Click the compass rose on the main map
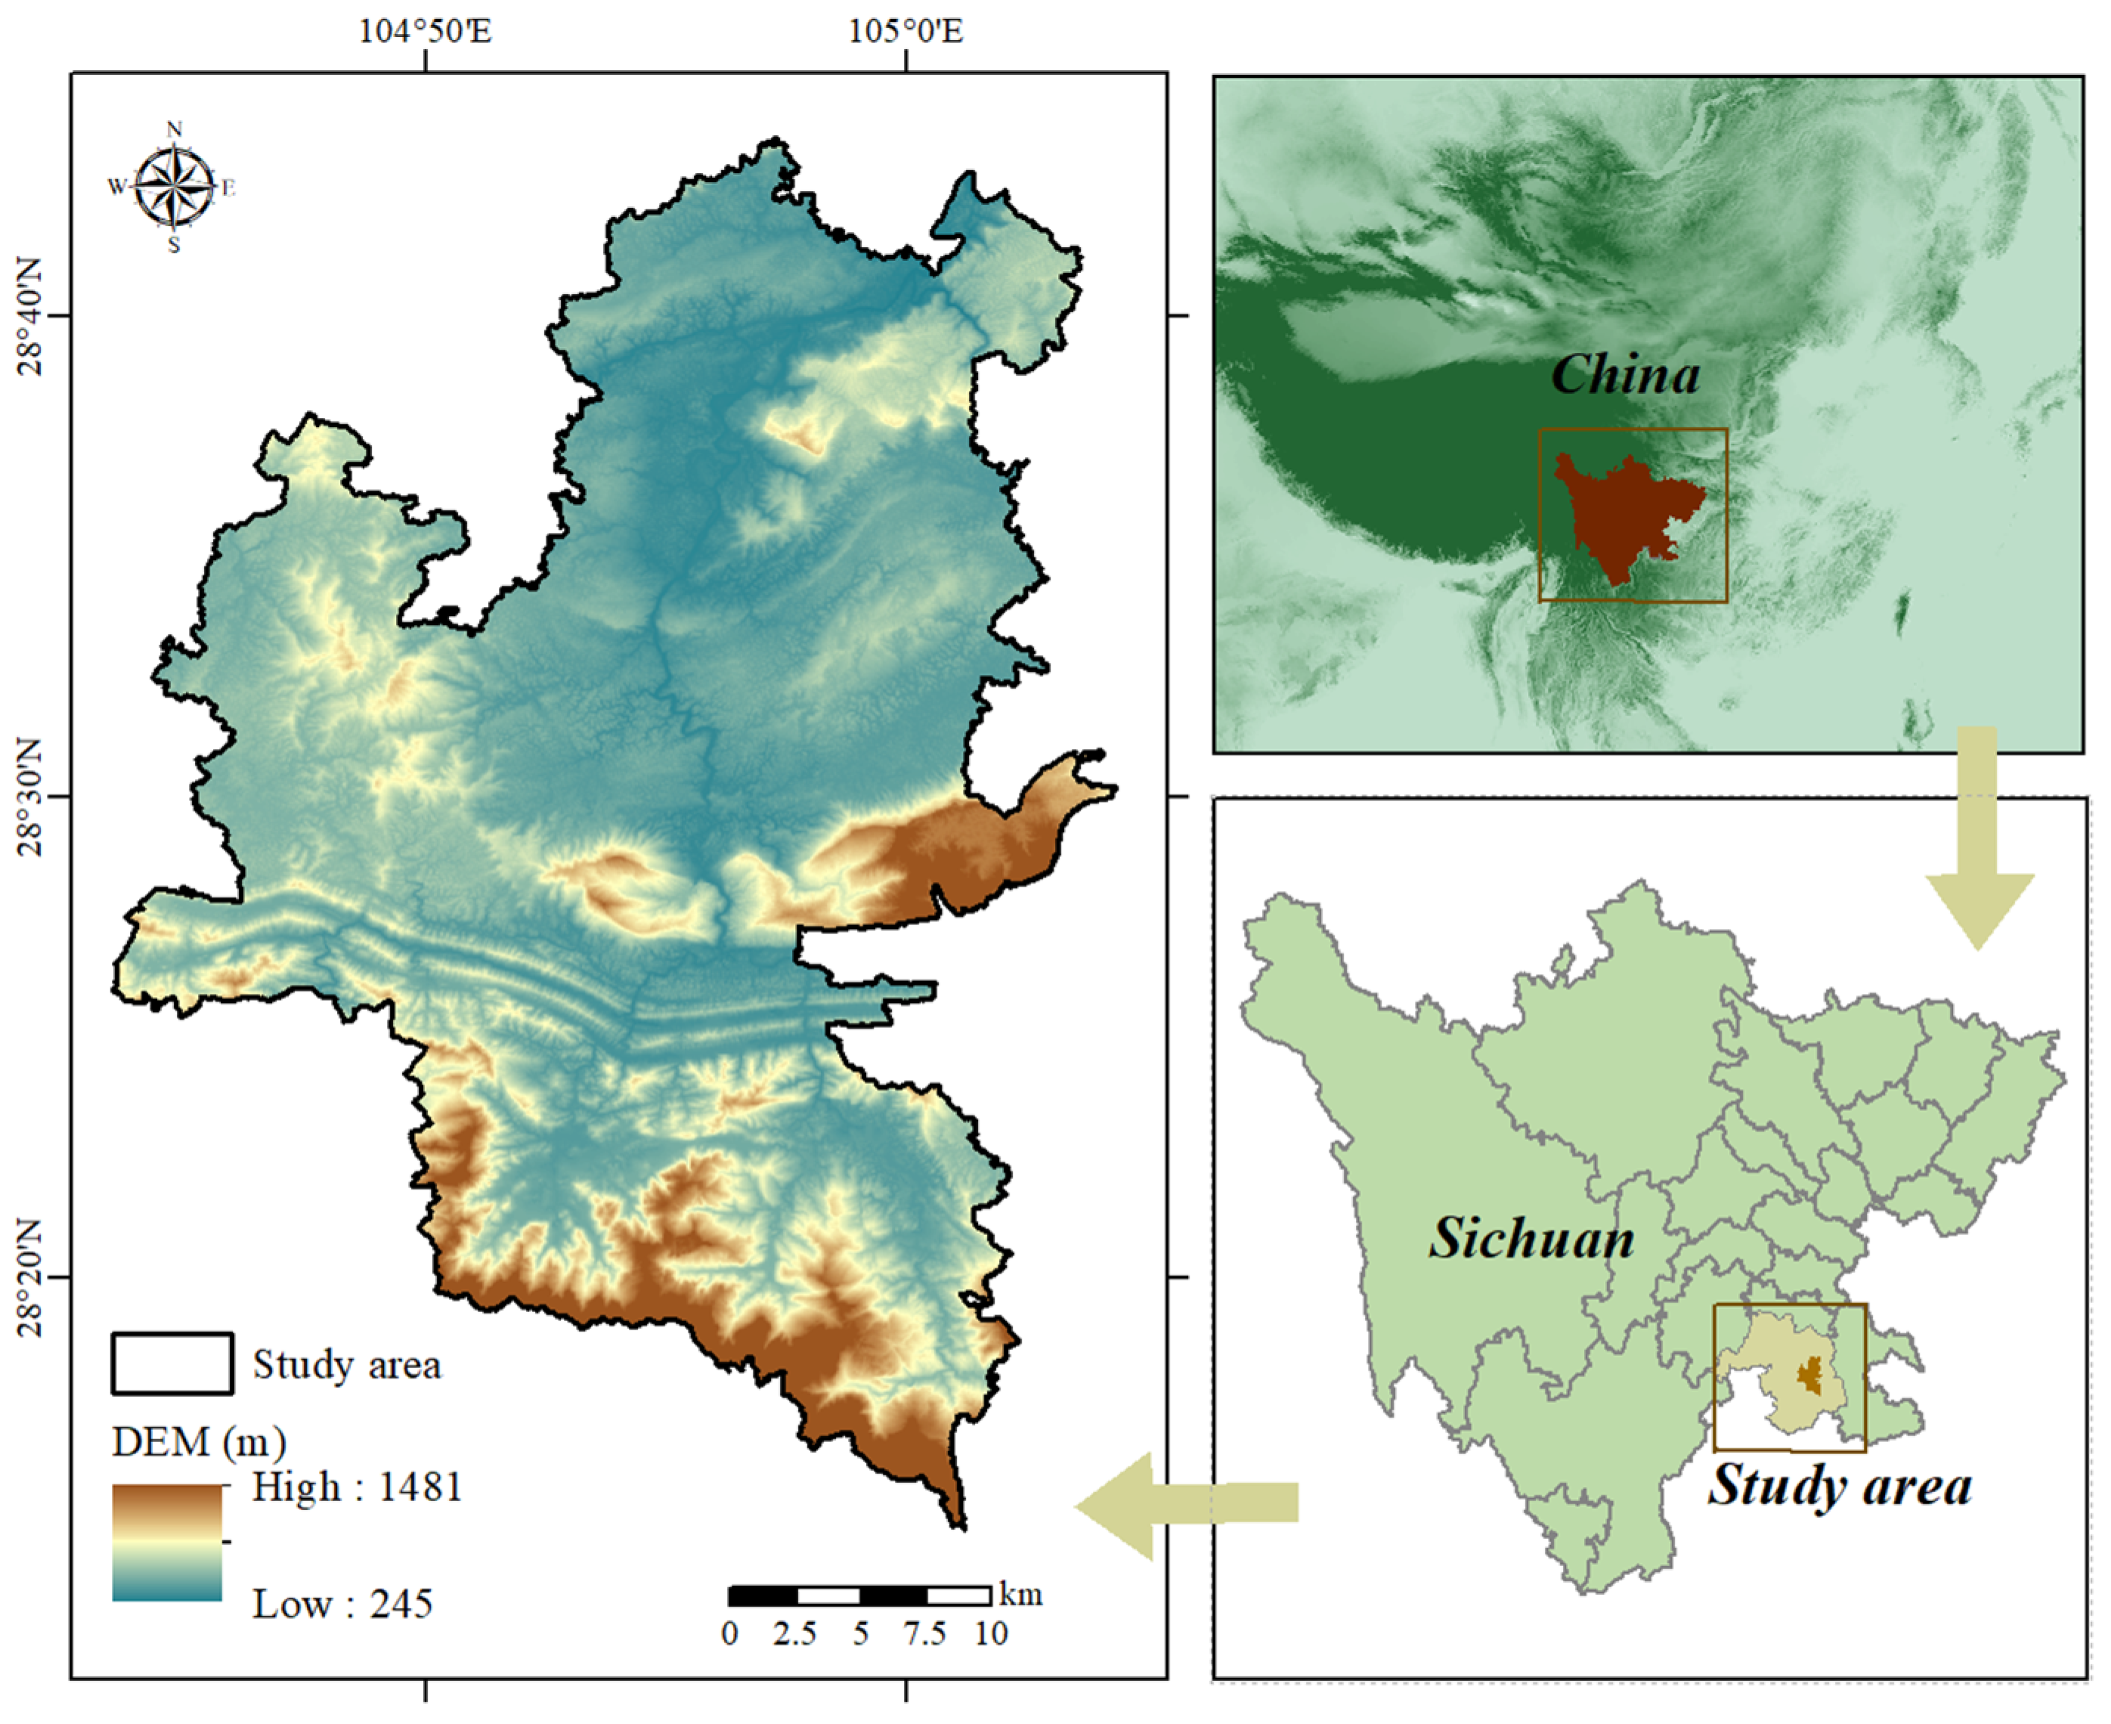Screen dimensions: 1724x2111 pos(174,187)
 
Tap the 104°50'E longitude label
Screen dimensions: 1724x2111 pos(425,32)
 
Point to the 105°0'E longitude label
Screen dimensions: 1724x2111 pos(905,32)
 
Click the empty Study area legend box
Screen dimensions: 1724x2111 pos(173,1363)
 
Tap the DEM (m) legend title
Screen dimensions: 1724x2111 pos(199,1442)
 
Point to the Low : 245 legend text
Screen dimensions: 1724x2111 pos(342,1604)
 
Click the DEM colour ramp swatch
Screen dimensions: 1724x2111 pos(167,1543)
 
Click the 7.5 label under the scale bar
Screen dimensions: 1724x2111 pos(924,1633)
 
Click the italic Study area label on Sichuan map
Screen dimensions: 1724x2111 pos(1839,1486)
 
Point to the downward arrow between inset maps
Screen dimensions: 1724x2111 pos(1979,844)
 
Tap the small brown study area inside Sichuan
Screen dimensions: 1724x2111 pos(1810,1376)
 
